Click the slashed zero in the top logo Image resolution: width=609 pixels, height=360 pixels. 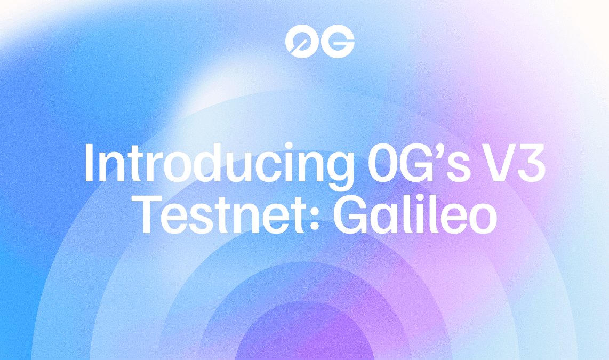(299, 41)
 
